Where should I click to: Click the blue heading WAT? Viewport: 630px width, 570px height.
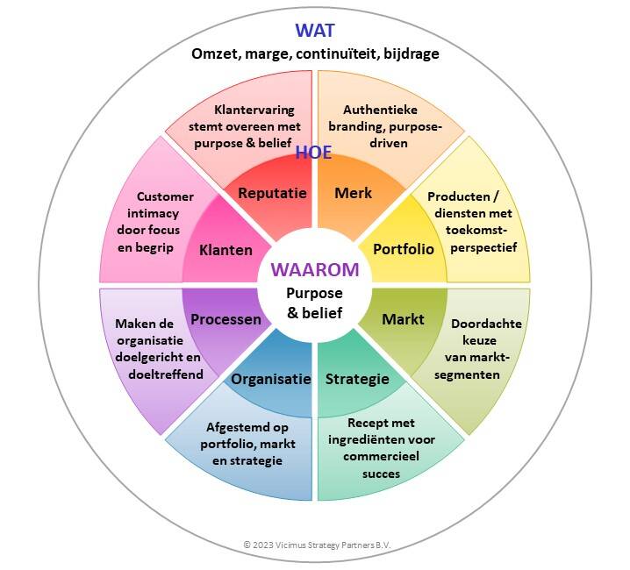(x=315, y=32)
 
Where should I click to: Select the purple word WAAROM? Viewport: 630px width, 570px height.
(x=315, y=270)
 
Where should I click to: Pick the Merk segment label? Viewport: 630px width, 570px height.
(x=354, y=193)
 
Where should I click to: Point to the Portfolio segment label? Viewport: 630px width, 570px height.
(x=404, y=249)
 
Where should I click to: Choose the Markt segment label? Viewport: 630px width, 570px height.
(x=403, y=319)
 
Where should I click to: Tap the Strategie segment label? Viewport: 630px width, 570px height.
(x=357, y=379)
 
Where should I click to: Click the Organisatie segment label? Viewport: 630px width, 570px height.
(x=271, y=379)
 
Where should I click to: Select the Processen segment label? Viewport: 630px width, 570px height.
(x=226, y=319)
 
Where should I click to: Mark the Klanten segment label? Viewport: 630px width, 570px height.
(x=226, y=250)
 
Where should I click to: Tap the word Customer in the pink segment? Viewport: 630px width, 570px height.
(x=165, y=196)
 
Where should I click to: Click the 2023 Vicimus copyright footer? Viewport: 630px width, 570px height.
(x=316, y=545)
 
